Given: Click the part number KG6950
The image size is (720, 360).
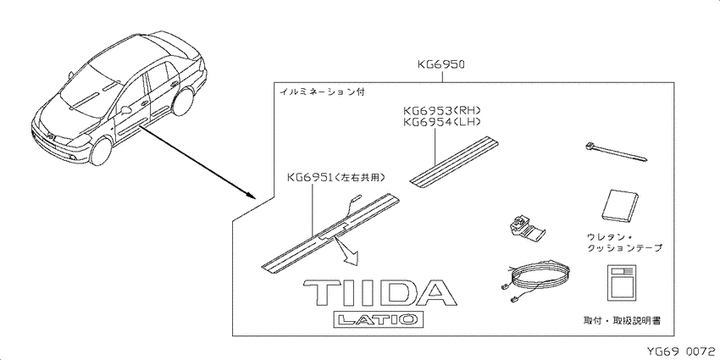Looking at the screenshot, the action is tap(441, 64).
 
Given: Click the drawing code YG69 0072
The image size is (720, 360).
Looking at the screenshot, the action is tap(682, 352).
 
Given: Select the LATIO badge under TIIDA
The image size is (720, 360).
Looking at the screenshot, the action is tap(378, 319).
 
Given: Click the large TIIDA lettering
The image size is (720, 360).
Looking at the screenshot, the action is tap(379, 293).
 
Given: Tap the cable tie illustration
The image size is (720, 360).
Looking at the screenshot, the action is tap(616, 152).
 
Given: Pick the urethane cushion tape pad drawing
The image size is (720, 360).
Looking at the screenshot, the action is tap(620, 206).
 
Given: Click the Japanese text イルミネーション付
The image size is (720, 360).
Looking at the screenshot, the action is tap(322, 91).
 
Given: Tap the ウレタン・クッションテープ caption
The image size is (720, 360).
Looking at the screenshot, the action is tap(624, 242).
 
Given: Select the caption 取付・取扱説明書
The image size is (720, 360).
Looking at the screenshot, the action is tap(622, 320).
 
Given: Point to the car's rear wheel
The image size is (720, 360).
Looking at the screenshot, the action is tap(184, 101).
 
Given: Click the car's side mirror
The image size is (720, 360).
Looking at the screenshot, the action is tap(125, 110).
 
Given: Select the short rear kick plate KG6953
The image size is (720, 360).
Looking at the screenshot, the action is tap(454, 161).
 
